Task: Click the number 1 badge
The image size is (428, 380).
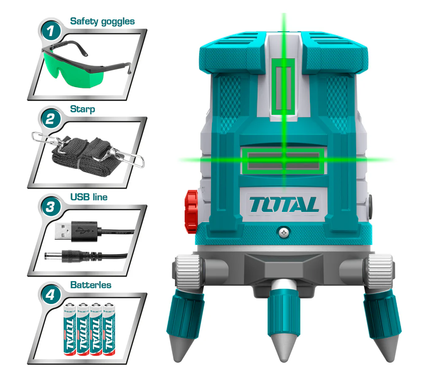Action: tap(51, 31)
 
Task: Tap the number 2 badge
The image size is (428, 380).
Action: tap(51, 119)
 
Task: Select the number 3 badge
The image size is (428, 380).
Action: tap(51, 207)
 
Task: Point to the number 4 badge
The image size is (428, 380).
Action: tap(51, 294)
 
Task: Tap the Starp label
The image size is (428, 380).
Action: tap(82, 109)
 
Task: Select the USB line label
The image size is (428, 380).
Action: tap(89, 197)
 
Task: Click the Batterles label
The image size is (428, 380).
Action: tap(91, 285)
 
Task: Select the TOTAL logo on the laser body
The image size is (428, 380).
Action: tap(284, 205)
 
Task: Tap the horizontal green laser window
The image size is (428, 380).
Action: tap(284, 160)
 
